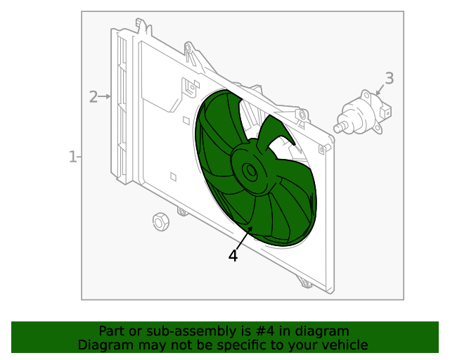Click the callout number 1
pyautogui.click(x=72, y=157)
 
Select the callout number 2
pyautogui.click(x=94, y=97)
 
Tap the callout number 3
pyautogui.click(x=389, y=78)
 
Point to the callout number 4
pyautogui.click(x=233, y=255)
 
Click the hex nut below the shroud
pyautogui.click(x=161, y=221)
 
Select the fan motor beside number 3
pyautogui.click(x=363, y=112)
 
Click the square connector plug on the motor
pyautogui.click(x=385, y=112)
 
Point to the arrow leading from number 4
pyautogui.click(x=244, y=238)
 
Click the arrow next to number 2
pyautogui.click(x=105, y=96)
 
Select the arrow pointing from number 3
pyautogui.click(x=380, y=90)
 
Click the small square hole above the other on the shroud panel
pyautogui.click(x=186, y=120)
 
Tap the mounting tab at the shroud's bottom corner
pyautogui.click(x=306, y=283)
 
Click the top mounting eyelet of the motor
pyautogui.click(x=366, y=95)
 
